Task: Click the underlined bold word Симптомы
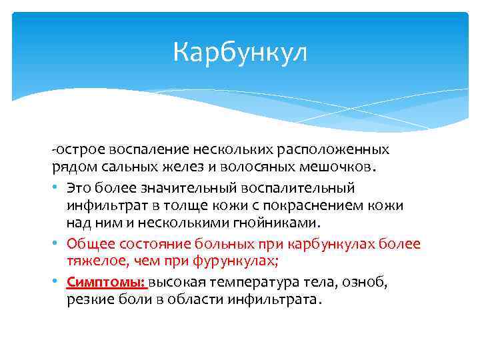click(x=106, y=283)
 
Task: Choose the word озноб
click(x=369, y=283)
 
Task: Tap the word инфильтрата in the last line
click(x=277, y=300)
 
